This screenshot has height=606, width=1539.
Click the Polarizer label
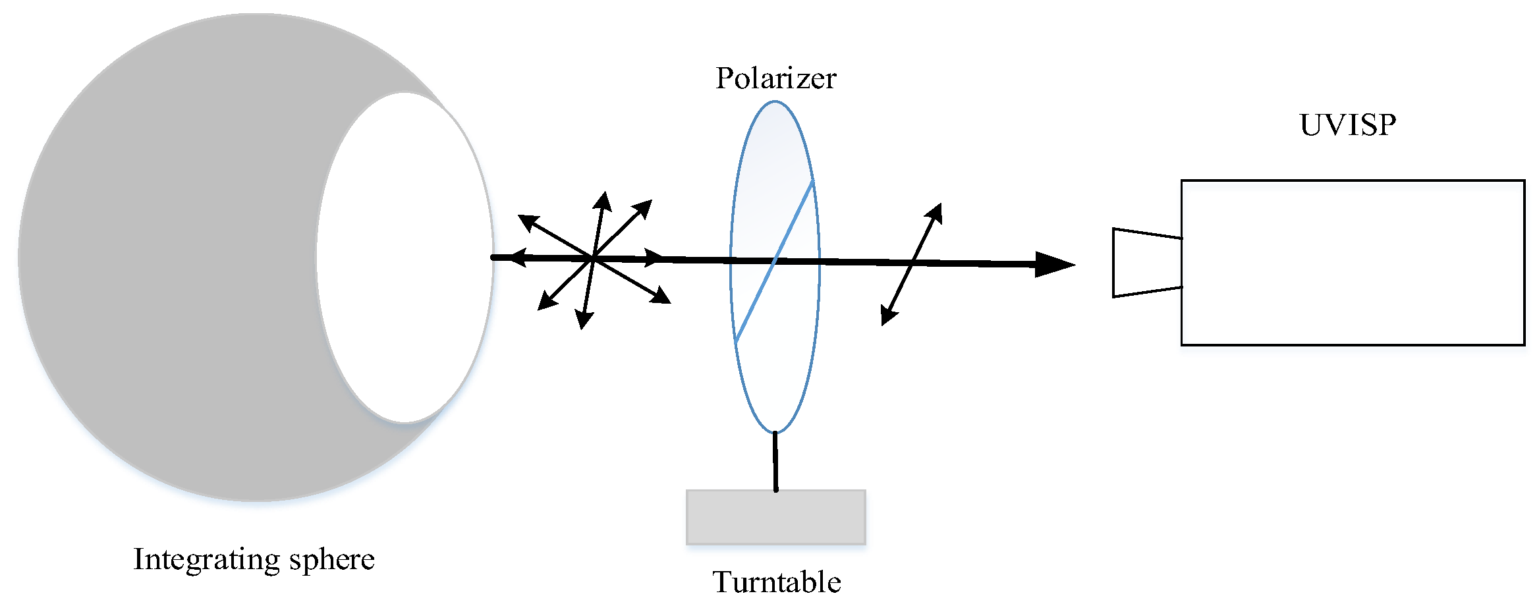(775, 79)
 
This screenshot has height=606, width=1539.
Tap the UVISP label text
(1347, 125)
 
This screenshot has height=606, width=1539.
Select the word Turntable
(777, 582)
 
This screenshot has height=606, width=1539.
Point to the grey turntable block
(775, 517)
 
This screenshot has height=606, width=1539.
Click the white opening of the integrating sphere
(405, 257)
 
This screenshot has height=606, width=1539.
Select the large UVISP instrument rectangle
(1352, 262)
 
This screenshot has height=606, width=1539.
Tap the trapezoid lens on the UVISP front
(1147, 263)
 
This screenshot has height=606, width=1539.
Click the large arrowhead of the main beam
(1054, 264)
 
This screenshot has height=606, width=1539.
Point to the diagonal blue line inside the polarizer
(774, 261)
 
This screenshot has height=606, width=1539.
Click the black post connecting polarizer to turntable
(775, 461)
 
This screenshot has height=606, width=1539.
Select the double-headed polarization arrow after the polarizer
(912, 264)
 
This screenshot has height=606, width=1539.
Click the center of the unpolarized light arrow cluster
(594, 258)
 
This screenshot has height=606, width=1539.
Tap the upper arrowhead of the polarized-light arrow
(936, 211)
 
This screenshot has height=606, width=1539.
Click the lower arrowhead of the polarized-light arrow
(887, 317)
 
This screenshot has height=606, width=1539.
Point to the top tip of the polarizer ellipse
(775, 101)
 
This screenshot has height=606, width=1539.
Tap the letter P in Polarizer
(725, 79)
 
